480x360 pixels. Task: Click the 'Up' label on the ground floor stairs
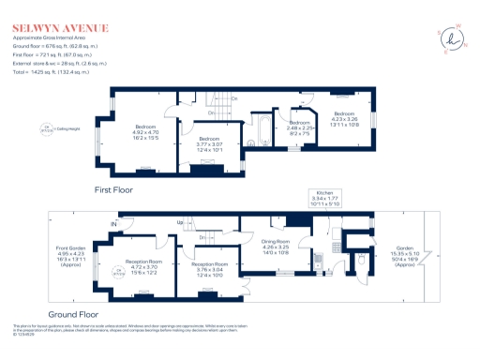click(179, 222)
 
